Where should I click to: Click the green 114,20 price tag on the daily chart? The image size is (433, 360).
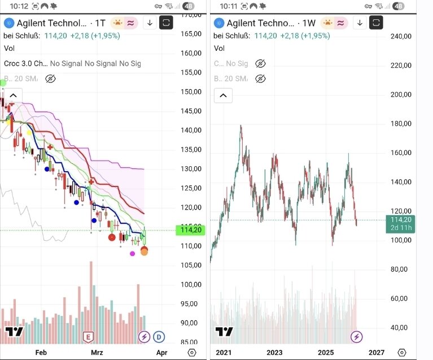tap(189, 230)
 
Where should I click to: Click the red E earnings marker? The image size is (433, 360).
tap(88, 337)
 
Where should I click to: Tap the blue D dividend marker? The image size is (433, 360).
tap(159, 337)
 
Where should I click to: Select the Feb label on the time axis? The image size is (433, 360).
tap(41, 353)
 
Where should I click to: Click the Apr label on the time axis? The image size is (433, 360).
tap(161, 353)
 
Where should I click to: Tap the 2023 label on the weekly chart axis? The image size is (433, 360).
tap(274, 353)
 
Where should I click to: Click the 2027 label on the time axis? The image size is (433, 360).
tap(377, 353)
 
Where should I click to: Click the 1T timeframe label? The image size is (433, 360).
tap(100, 23)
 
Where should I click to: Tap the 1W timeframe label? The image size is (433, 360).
tap(308, 23)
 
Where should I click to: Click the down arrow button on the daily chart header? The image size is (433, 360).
tap(150, 23)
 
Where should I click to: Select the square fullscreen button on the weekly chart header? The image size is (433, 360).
tap(376, 23)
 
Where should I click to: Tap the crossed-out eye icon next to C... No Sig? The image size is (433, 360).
tap(260, 64)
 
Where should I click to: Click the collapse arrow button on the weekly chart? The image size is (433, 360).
tap(224, 95)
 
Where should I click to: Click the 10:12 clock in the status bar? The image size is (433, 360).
tap(19, 6)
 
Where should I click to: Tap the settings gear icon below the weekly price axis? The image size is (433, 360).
tap(401, 353)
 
